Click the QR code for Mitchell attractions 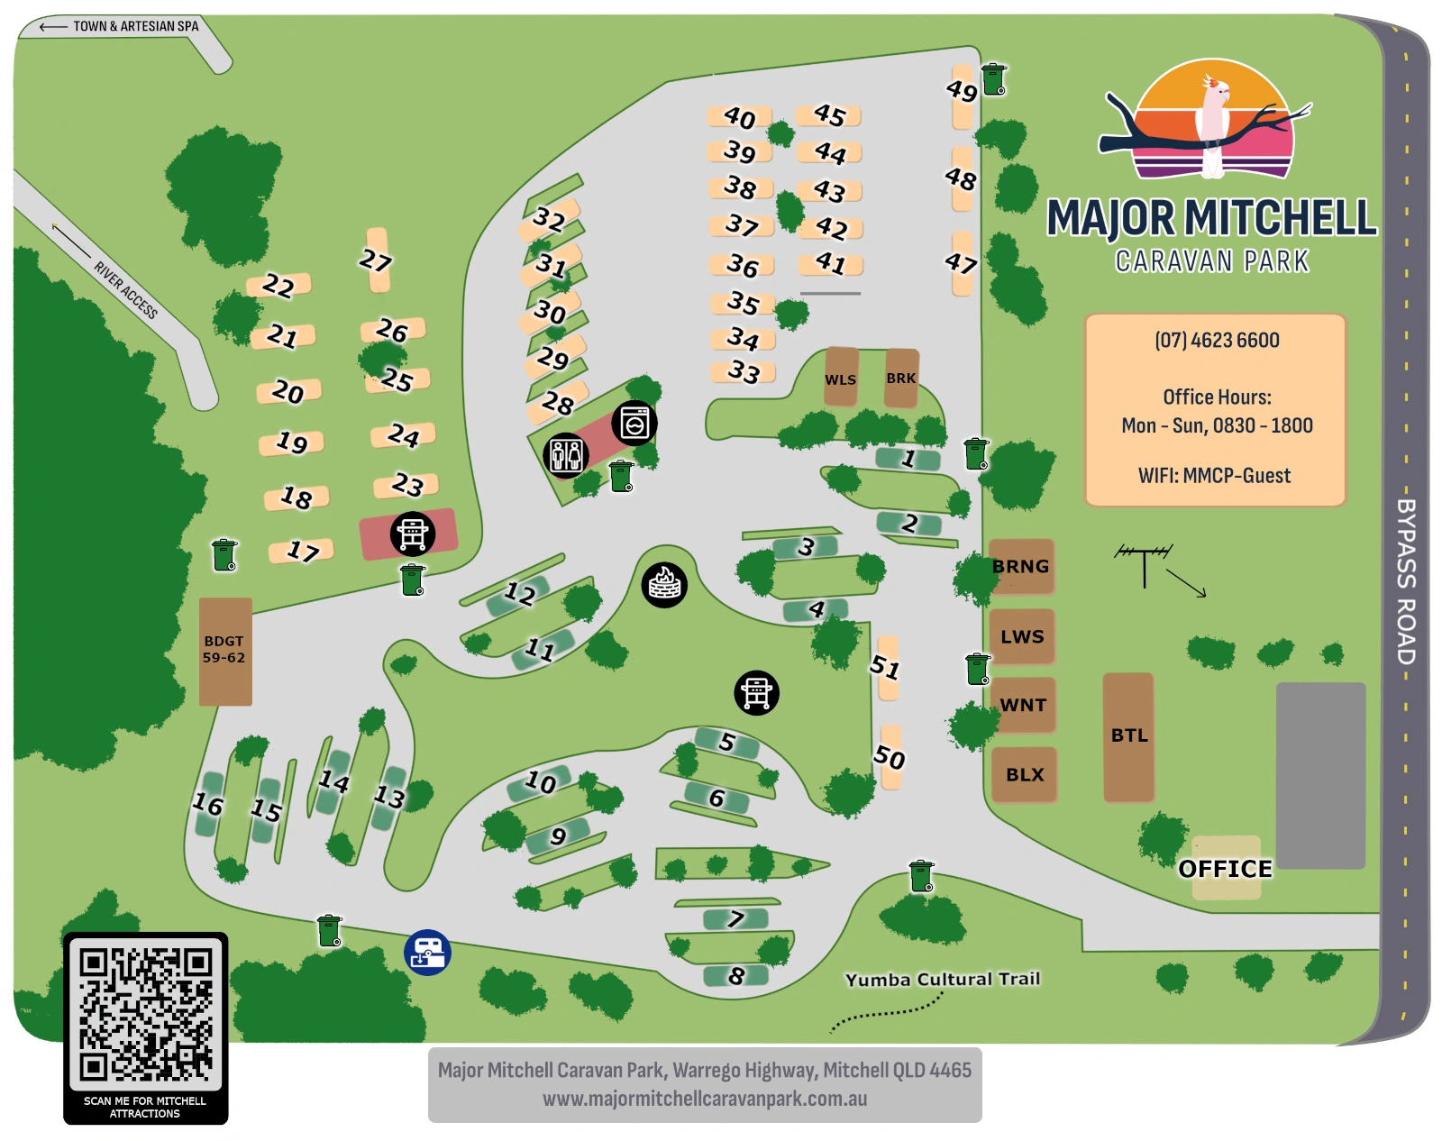[x=145, y=1013]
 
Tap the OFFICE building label [x=1226, y=869]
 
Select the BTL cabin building [x=1128, y=736]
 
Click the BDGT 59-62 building [x=224, y=650]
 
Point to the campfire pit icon [x=664, y=584]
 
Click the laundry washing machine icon [x=634, y=423]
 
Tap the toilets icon [x=566, y=454]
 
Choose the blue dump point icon [x=427, y=953]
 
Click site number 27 [x=377, y=260]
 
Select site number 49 [x=962, y=91]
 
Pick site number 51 [x=887, y=667]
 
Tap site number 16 [x=208, y=804]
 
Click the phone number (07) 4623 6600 [x=1217, y=341]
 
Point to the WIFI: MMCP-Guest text [x=1214, y=476]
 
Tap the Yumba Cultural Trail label [x=943, y=979]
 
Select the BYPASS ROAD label [x=1406, y=581]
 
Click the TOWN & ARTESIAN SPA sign [x=135, y=26]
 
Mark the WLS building [x=841, y=379]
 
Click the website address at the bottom [x=705, y=1100]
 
